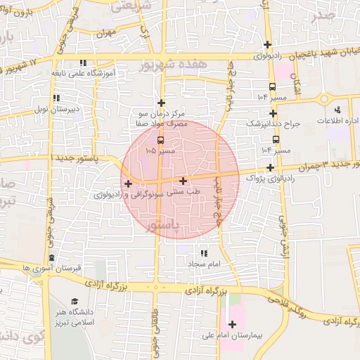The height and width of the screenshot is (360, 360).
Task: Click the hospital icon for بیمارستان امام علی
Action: click(x=232, y=324)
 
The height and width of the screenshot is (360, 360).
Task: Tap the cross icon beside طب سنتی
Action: click(x=184, y=181)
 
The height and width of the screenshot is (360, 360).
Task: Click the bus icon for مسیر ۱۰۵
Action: click(x=161, y=139)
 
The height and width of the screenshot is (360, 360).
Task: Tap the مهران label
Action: click(x=106, y=33)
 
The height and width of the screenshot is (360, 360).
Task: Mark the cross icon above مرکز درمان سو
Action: click(x=161, y=103)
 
